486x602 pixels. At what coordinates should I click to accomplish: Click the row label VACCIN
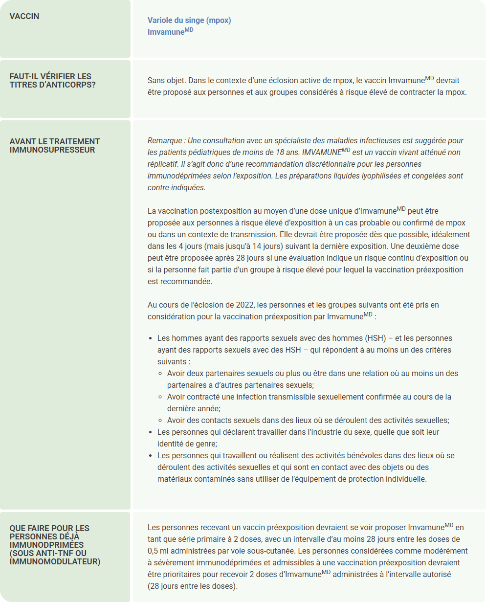click(24, 16)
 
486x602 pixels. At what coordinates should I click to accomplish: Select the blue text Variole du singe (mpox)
click(189, 21)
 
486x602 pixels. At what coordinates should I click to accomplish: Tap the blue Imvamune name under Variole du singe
click(166, 31)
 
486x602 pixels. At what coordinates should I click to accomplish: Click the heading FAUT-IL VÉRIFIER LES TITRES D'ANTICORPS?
click(50, 81)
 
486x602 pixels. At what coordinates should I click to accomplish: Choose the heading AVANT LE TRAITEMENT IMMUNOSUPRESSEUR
click(55, 146)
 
